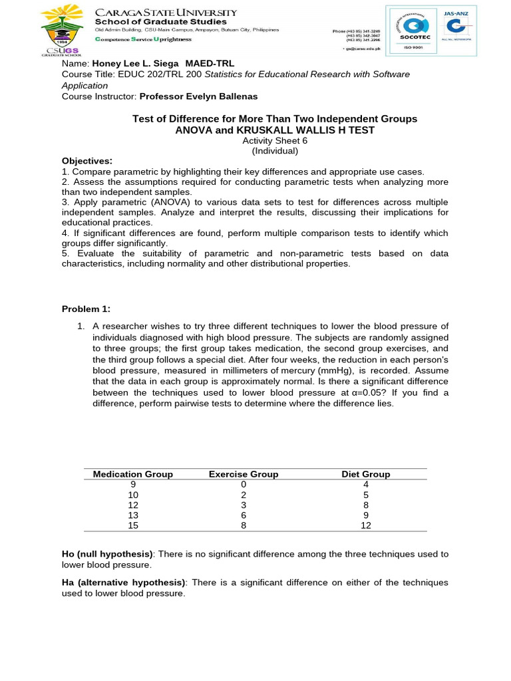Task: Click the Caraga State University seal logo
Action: (x=62, y=31)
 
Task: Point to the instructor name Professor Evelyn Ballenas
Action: (x=198, y=96)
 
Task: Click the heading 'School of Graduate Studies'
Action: (x=160, y=22)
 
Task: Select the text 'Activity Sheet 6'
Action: (x=275, y=140)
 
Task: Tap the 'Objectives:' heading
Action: (x=87, y=161)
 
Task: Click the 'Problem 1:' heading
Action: (x=86, y=309)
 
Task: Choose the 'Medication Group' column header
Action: (x=133, y=474)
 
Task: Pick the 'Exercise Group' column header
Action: (x=244, y=474)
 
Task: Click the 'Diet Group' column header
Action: (x=365, y=474)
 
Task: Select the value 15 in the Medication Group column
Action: (x=133, y=525)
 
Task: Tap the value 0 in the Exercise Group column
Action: (x=244, y=485)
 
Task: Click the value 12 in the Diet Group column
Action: (x=365, y=525)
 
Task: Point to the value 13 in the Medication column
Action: (x=133, y=515)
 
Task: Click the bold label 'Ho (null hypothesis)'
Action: (x=107, y=554)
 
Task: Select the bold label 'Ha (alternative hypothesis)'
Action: (x=123, y=582)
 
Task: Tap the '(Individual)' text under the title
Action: (x=275, y=150)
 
